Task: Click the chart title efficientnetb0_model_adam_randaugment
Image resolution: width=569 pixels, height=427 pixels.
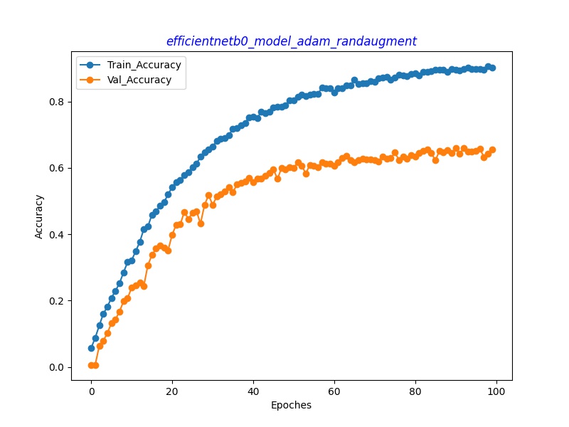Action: tap(291, 41)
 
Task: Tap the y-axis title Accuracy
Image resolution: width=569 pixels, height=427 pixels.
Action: tap(39, 216)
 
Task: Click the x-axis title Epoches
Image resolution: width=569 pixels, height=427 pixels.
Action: tap(291, 405)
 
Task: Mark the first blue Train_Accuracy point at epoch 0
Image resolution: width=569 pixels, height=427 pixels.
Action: tap(91, 348)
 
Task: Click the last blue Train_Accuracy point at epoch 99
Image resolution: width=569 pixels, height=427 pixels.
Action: tap(492, 68)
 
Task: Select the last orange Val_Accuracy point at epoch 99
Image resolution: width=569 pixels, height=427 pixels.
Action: tap(492, 149)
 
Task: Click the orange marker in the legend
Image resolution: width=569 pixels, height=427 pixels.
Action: tap(90, 80)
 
